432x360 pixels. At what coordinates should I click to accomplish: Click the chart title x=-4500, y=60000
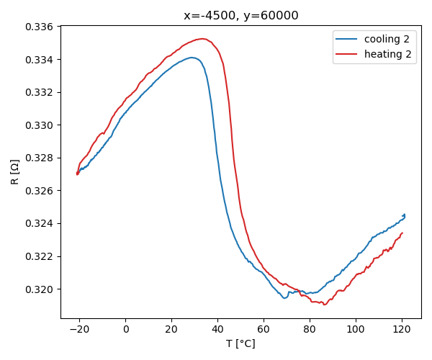pos(240,16)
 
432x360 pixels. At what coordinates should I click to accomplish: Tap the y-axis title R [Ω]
pos(15,171)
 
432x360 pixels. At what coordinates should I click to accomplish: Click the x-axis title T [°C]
pos(240,343)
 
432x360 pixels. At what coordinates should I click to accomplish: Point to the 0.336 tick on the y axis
pos(40,27)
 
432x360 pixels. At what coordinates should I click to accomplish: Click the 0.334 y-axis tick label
pos(40,60)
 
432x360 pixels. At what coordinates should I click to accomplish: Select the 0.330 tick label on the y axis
pos(40,125)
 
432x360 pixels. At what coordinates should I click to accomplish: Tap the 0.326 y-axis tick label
pos(40,191)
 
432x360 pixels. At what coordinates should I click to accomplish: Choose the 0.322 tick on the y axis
pos(40,256)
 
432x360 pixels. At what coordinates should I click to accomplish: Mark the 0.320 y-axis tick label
pos(40,289)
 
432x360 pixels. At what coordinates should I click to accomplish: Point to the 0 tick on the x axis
pos(126,329)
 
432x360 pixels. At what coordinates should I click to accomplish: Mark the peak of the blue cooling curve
pos(192,58)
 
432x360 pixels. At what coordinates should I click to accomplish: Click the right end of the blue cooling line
pos(405,215)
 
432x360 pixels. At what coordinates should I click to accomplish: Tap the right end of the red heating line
pos(402,233)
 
